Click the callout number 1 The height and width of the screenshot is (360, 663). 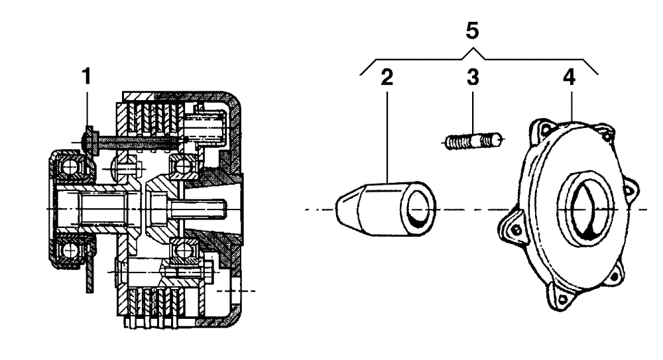(86, 76)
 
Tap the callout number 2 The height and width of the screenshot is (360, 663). (387, 78)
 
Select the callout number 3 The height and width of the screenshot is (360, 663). (473, 78)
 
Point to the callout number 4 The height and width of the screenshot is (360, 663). (569, 78)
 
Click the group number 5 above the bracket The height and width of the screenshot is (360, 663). (472, 31)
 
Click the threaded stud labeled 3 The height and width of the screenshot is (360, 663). (474, 141)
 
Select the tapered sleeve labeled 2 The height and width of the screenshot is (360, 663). (386, 208)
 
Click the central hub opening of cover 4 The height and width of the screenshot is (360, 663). (587, 209)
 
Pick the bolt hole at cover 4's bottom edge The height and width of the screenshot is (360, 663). (562, 299)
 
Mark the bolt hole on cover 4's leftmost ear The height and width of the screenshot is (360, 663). (516, 229)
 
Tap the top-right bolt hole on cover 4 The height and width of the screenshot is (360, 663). (607, 135)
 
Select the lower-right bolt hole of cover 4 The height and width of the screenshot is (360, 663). (614, 276)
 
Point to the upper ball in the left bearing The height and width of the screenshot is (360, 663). (69, 167)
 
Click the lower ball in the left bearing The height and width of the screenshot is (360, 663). (69, 251)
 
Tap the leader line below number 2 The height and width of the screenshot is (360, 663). (387, 136)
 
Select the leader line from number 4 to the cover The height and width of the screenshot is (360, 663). (572, 106)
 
